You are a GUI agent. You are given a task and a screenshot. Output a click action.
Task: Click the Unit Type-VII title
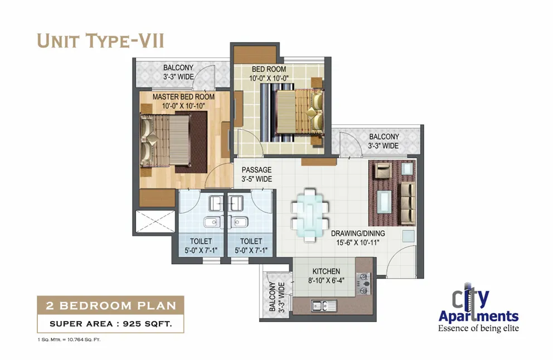point(100,41)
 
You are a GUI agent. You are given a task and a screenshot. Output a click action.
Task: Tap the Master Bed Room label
point(183,96)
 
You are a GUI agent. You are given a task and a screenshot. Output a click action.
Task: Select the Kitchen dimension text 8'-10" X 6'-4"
point(326,281)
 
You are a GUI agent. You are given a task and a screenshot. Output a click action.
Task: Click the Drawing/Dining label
point(358,233)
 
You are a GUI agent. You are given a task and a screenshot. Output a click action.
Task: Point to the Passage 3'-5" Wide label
point(257,174)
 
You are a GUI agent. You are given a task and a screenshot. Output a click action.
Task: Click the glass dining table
point(310,215)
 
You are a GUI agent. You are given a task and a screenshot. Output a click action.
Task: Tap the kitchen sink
point(324,305)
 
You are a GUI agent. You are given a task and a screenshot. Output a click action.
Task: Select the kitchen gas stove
point(363,284)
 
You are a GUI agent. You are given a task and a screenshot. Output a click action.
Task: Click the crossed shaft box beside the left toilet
point(155,221)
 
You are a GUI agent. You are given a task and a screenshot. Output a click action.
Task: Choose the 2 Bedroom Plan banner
point(111,305)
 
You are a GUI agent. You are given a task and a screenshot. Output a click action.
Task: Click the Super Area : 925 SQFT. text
point(111,324)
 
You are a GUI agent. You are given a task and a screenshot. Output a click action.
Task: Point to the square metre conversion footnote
point(69,340)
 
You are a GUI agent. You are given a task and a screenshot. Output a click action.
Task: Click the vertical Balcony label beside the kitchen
point(276,297)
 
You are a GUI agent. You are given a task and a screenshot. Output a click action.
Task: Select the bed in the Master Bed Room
point(166,140)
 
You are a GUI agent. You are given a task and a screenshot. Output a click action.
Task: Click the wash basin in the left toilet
point(212,222)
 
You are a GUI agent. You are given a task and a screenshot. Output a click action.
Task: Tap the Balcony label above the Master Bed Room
point(178,72)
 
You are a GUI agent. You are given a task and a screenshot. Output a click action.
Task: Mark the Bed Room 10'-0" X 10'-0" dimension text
point(269,78)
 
